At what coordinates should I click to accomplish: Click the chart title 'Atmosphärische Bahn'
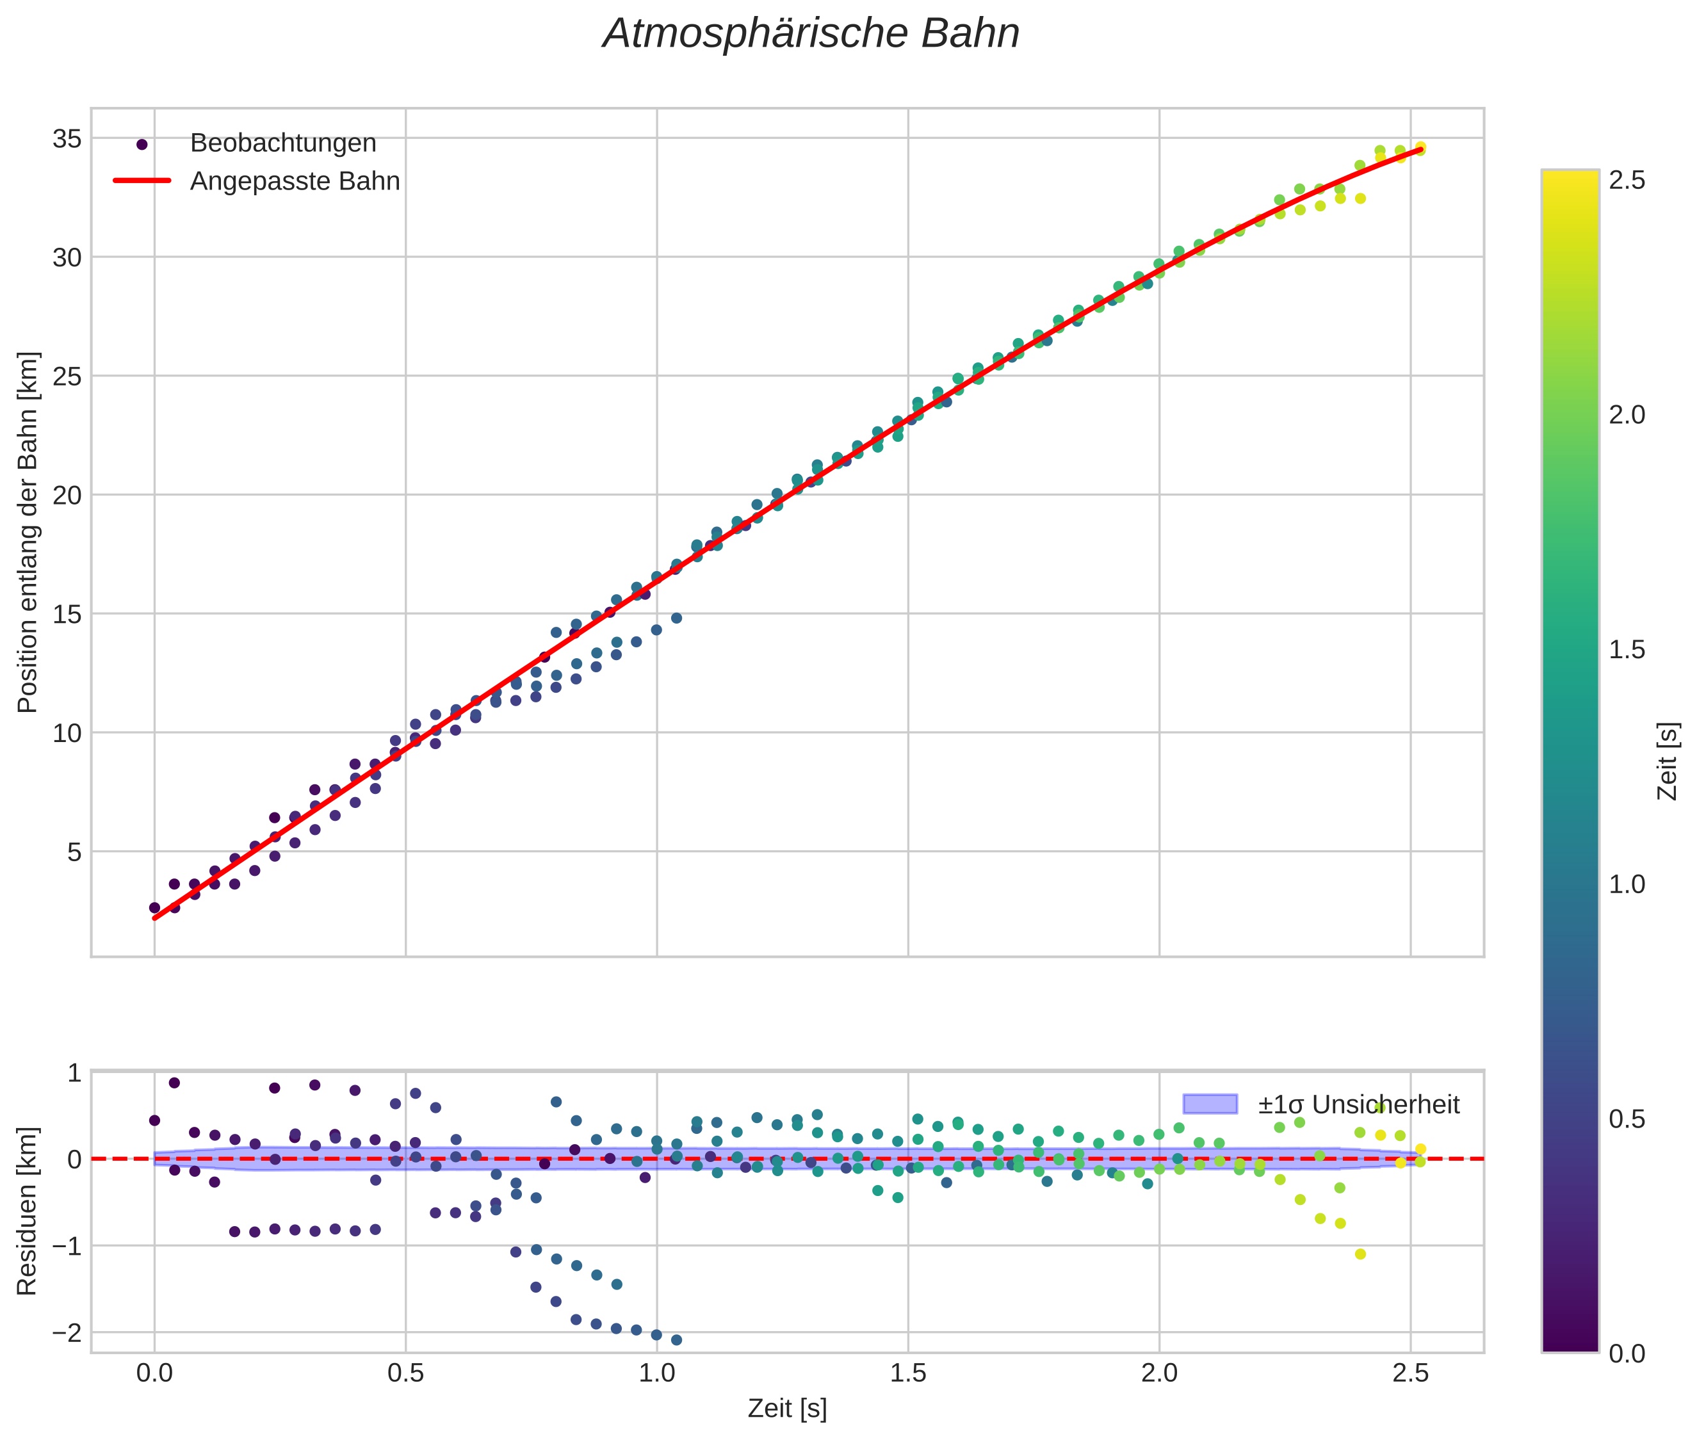pos(811,34)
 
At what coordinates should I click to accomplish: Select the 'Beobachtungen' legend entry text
pos(283,143)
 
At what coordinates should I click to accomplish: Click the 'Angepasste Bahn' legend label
pos(295,181)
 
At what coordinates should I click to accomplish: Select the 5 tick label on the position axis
pos(74,853)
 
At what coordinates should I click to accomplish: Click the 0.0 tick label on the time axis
pos(154,1373)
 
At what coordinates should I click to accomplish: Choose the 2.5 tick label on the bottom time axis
pos(1411,1373)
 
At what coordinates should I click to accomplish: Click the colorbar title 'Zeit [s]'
pos(1668,761)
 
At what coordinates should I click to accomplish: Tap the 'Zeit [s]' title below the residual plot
pos(787,1409)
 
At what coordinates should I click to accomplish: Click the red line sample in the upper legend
pos(142,180)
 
